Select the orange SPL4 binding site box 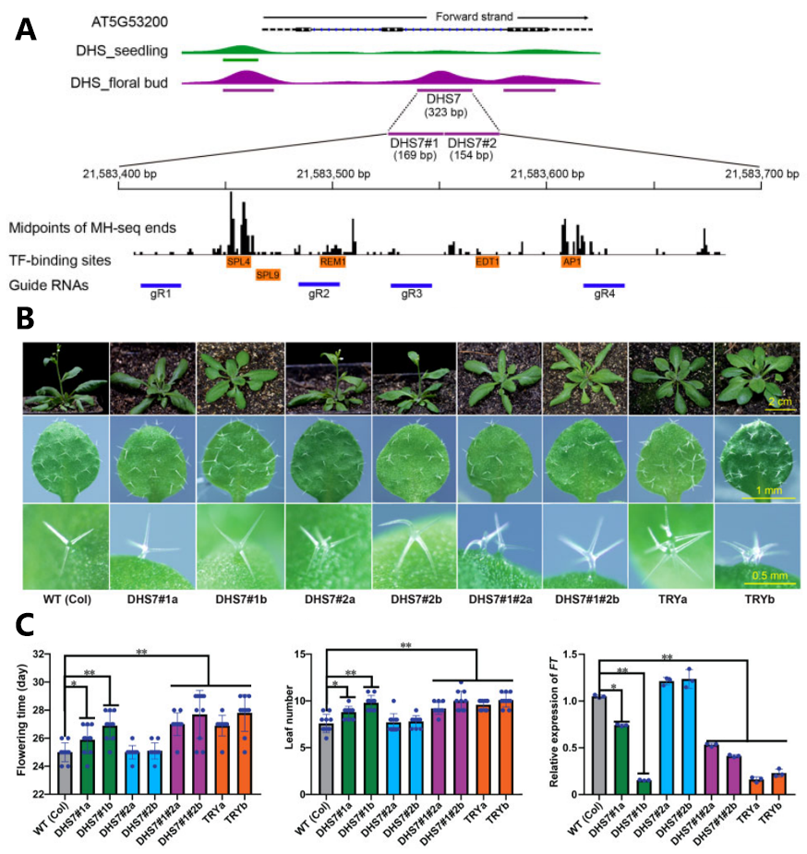[x=238, y=261]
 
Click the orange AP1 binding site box [x=572, y=261]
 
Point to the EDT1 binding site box [x=488, y=261]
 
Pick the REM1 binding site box [x=332, y=261]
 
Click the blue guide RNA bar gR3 [x=411, y=285]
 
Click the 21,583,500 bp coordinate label [x=333, y=174]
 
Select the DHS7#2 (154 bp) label [x=472, y=149]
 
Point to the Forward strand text [x=475, y=17]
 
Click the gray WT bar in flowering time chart [x=65, y=772]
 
